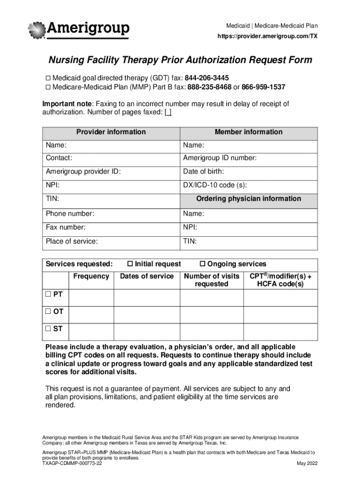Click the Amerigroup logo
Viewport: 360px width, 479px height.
[x=79, y=30]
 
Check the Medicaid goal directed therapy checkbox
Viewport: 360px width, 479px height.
[x=48, y=78]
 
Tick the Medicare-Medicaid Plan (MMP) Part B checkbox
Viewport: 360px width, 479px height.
[x=48, y=87]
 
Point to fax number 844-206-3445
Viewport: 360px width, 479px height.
[x=207, y=78]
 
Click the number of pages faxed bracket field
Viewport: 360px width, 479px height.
[x=168, y=113]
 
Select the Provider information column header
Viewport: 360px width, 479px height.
[x=111, y=132]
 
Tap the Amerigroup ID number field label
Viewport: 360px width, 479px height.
[x=220, y=158]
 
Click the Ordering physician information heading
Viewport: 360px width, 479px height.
[x=248, y=199]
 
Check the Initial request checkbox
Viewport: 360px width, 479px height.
[x=131, y=264]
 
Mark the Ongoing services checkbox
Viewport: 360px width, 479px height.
[x=203, y=264]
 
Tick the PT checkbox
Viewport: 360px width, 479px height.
[x=48, y=294]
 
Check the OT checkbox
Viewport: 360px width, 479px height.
[x=48, y=312]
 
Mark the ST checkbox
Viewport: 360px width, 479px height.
[x=48, y=329]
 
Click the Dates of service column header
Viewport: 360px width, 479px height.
[x=147, y=276]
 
